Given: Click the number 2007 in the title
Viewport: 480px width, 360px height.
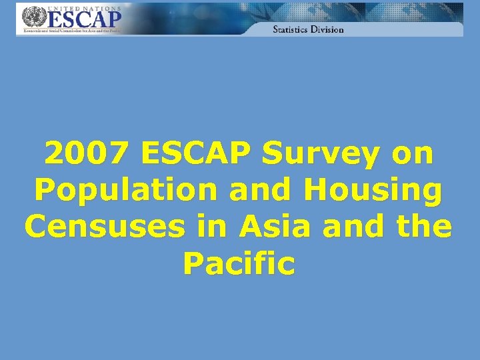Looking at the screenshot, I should tap(85, 154).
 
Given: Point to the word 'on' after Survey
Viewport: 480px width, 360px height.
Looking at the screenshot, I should tap(411, 155).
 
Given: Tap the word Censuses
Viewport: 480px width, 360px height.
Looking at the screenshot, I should tap(104, 227).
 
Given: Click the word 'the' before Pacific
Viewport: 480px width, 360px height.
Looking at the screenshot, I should tap(424, 227).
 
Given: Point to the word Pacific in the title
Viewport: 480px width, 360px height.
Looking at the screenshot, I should tap(239, 264).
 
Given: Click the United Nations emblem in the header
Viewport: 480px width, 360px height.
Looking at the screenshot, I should tap(31, 17).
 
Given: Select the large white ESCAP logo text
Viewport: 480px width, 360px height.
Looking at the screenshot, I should tap(83, 21).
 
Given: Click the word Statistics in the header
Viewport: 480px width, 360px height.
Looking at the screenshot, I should tap(291, 29).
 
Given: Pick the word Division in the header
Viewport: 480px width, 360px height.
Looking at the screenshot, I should tap(328, 29).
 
